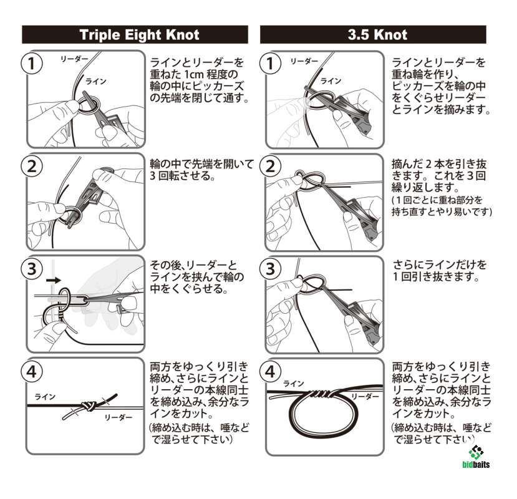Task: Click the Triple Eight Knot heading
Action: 140,35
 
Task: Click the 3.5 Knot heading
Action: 377,35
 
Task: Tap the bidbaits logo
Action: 476,457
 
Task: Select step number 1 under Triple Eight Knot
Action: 32,64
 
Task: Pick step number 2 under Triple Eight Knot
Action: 32,166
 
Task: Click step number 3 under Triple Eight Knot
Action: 32,268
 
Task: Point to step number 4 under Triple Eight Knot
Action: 32,372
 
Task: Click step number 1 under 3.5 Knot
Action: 271,64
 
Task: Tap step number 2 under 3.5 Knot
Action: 271,166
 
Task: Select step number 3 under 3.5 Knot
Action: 271,268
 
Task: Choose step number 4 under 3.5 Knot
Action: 271,372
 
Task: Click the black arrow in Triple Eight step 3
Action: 54,280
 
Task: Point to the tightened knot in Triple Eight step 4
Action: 88,405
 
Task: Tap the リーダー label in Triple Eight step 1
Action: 74,59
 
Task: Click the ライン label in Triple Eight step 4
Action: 45,397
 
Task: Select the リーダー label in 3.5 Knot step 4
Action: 365,397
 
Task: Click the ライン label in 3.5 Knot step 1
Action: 331,81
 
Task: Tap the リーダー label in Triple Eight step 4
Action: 118,417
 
